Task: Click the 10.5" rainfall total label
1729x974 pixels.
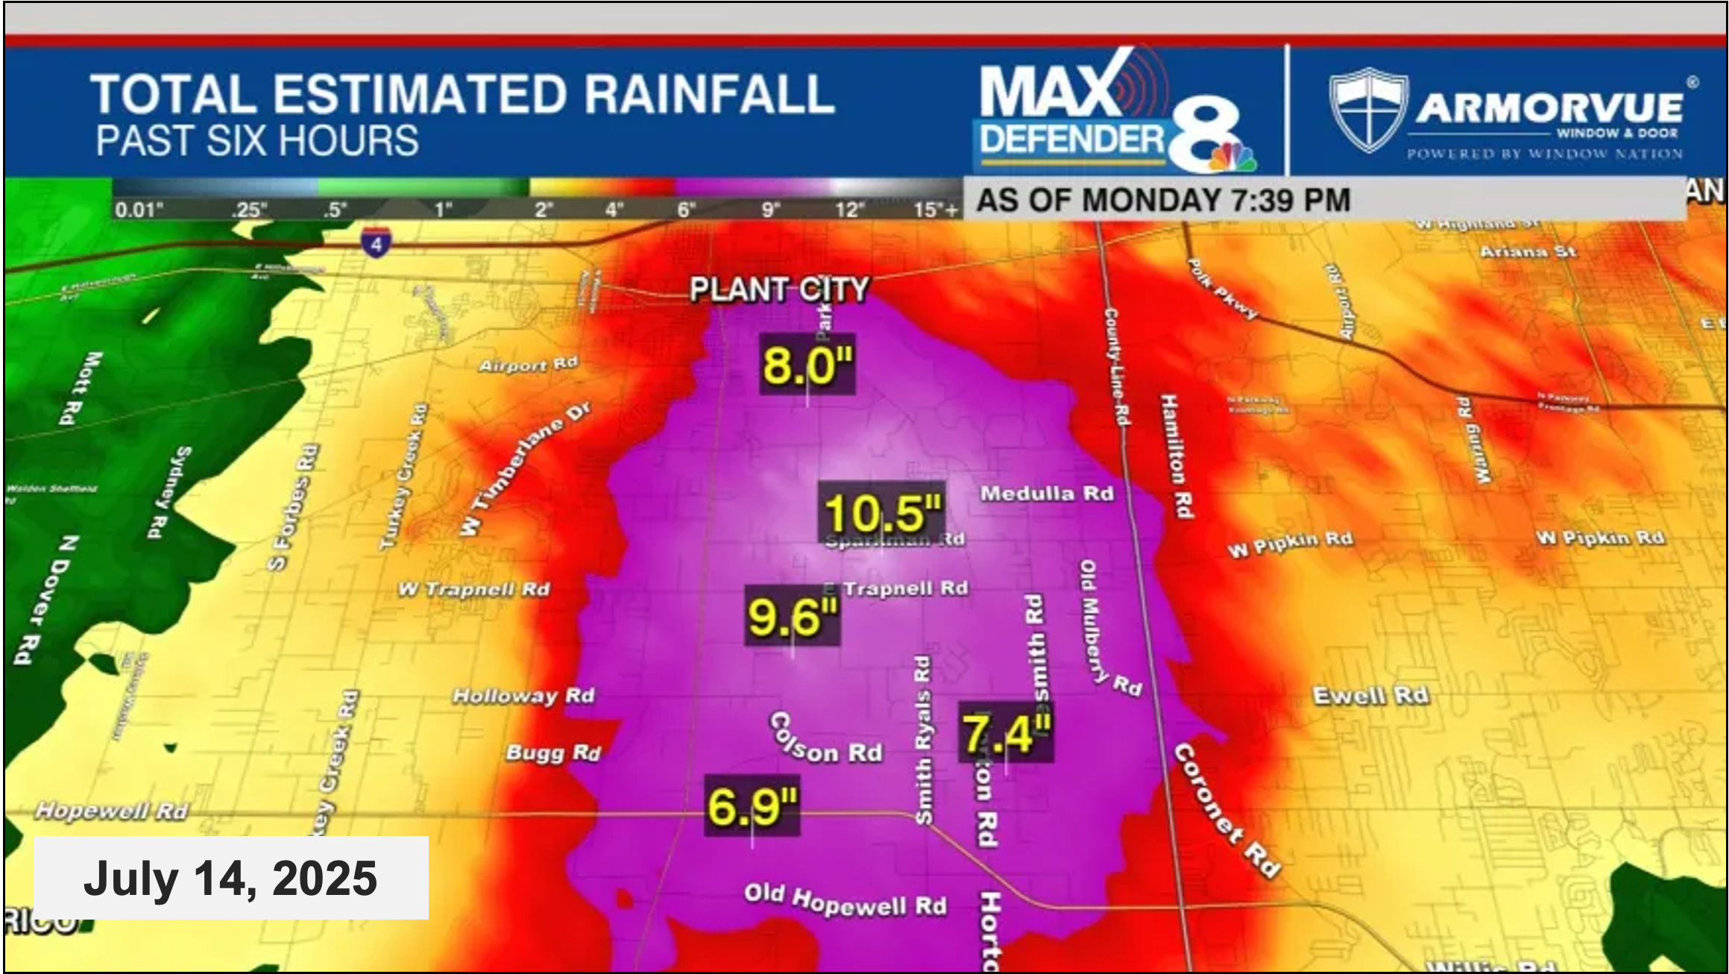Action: (883, 513)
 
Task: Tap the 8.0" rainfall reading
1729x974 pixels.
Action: (807, 365)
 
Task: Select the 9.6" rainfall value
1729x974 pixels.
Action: (793, 617)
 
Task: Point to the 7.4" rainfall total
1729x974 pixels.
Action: (1007, 733)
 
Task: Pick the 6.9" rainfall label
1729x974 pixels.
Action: (752, 806)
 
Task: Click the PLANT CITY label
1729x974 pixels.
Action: (779, 289)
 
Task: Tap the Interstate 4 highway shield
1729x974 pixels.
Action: (377, 243)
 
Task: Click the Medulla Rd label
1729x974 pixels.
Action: (1047, 494)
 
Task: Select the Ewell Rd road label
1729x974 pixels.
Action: (1370, 696)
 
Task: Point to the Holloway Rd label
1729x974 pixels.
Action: (523, 697)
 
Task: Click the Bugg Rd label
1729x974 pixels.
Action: (553, 753)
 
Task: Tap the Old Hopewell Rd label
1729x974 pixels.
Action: (845, 900)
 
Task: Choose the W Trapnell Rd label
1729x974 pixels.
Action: (474, 590)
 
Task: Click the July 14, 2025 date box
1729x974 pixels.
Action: (231, 878)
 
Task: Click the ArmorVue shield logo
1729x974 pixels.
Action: (1368, 110)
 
